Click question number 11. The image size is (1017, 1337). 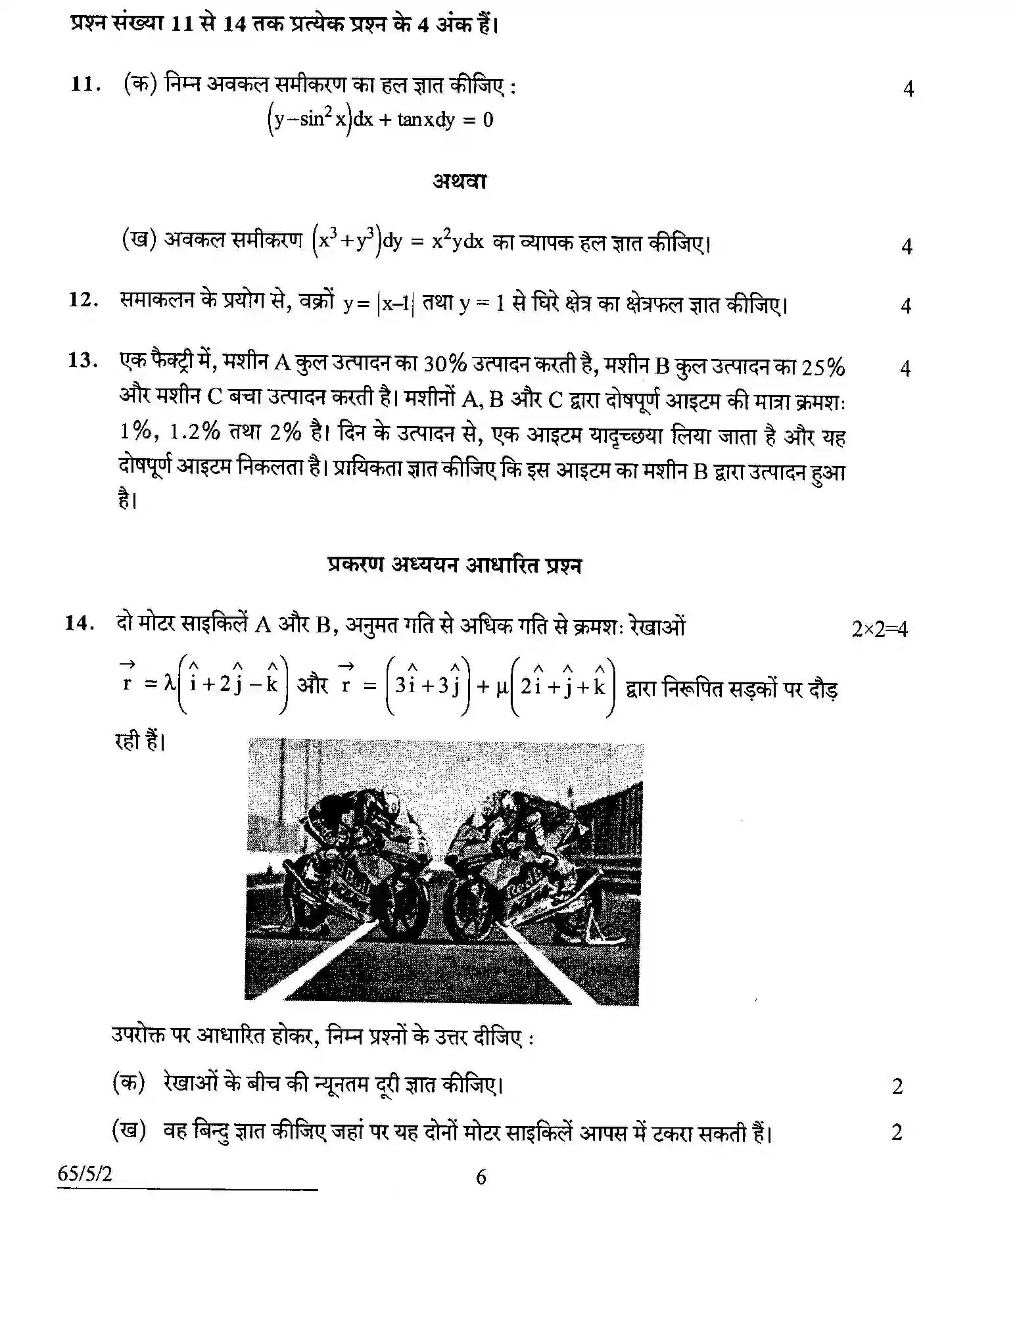(85, 85)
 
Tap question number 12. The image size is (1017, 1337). (83, 300)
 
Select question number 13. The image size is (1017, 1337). (83, 361)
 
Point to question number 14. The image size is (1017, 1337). (80, 622)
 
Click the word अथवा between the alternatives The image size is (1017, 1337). (460, 181)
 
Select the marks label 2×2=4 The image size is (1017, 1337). (879, 629)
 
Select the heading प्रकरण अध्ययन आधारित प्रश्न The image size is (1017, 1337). (454, 565)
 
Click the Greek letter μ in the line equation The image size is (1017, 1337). (502, 687)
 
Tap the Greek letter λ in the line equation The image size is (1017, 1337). (170, 684)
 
